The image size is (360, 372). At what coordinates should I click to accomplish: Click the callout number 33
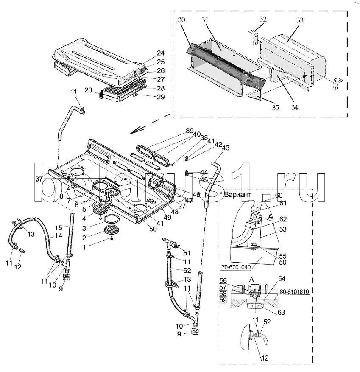300,20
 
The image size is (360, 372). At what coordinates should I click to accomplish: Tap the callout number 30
181,20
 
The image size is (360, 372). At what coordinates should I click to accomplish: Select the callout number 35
275,108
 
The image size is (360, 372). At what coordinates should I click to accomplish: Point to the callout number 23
88,90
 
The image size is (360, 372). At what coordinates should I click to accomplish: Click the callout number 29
161,97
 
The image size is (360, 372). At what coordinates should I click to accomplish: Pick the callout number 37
39,179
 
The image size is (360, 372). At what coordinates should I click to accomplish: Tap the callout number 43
226,148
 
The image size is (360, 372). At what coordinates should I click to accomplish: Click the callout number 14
59,235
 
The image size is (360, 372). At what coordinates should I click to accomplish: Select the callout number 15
59,228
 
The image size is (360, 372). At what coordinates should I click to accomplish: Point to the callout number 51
187,253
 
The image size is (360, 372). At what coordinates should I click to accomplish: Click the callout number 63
281,313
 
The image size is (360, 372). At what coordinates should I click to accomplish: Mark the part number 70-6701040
236,267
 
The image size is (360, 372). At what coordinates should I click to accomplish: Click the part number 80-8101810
295,291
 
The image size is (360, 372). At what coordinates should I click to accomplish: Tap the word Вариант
237,195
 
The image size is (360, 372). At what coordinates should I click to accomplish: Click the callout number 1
84,247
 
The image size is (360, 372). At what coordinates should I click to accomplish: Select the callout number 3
84,228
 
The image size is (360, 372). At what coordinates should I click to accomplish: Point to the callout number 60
279,195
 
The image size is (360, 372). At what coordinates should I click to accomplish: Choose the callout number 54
282,279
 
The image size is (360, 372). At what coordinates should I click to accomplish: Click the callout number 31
205,20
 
